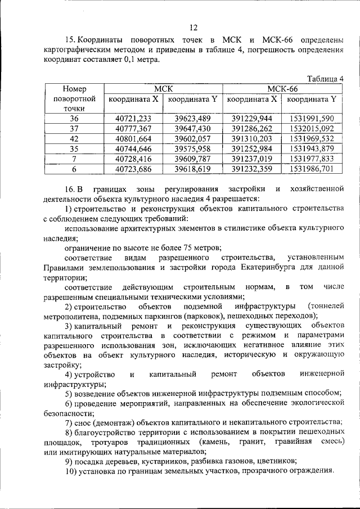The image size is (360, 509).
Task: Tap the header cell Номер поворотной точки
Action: point(74,99)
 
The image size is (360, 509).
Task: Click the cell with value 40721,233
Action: point(133,118)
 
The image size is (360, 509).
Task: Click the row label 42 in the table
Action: point(74,138)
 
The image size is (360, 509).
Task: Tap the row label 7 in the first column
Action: point(74,159)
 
